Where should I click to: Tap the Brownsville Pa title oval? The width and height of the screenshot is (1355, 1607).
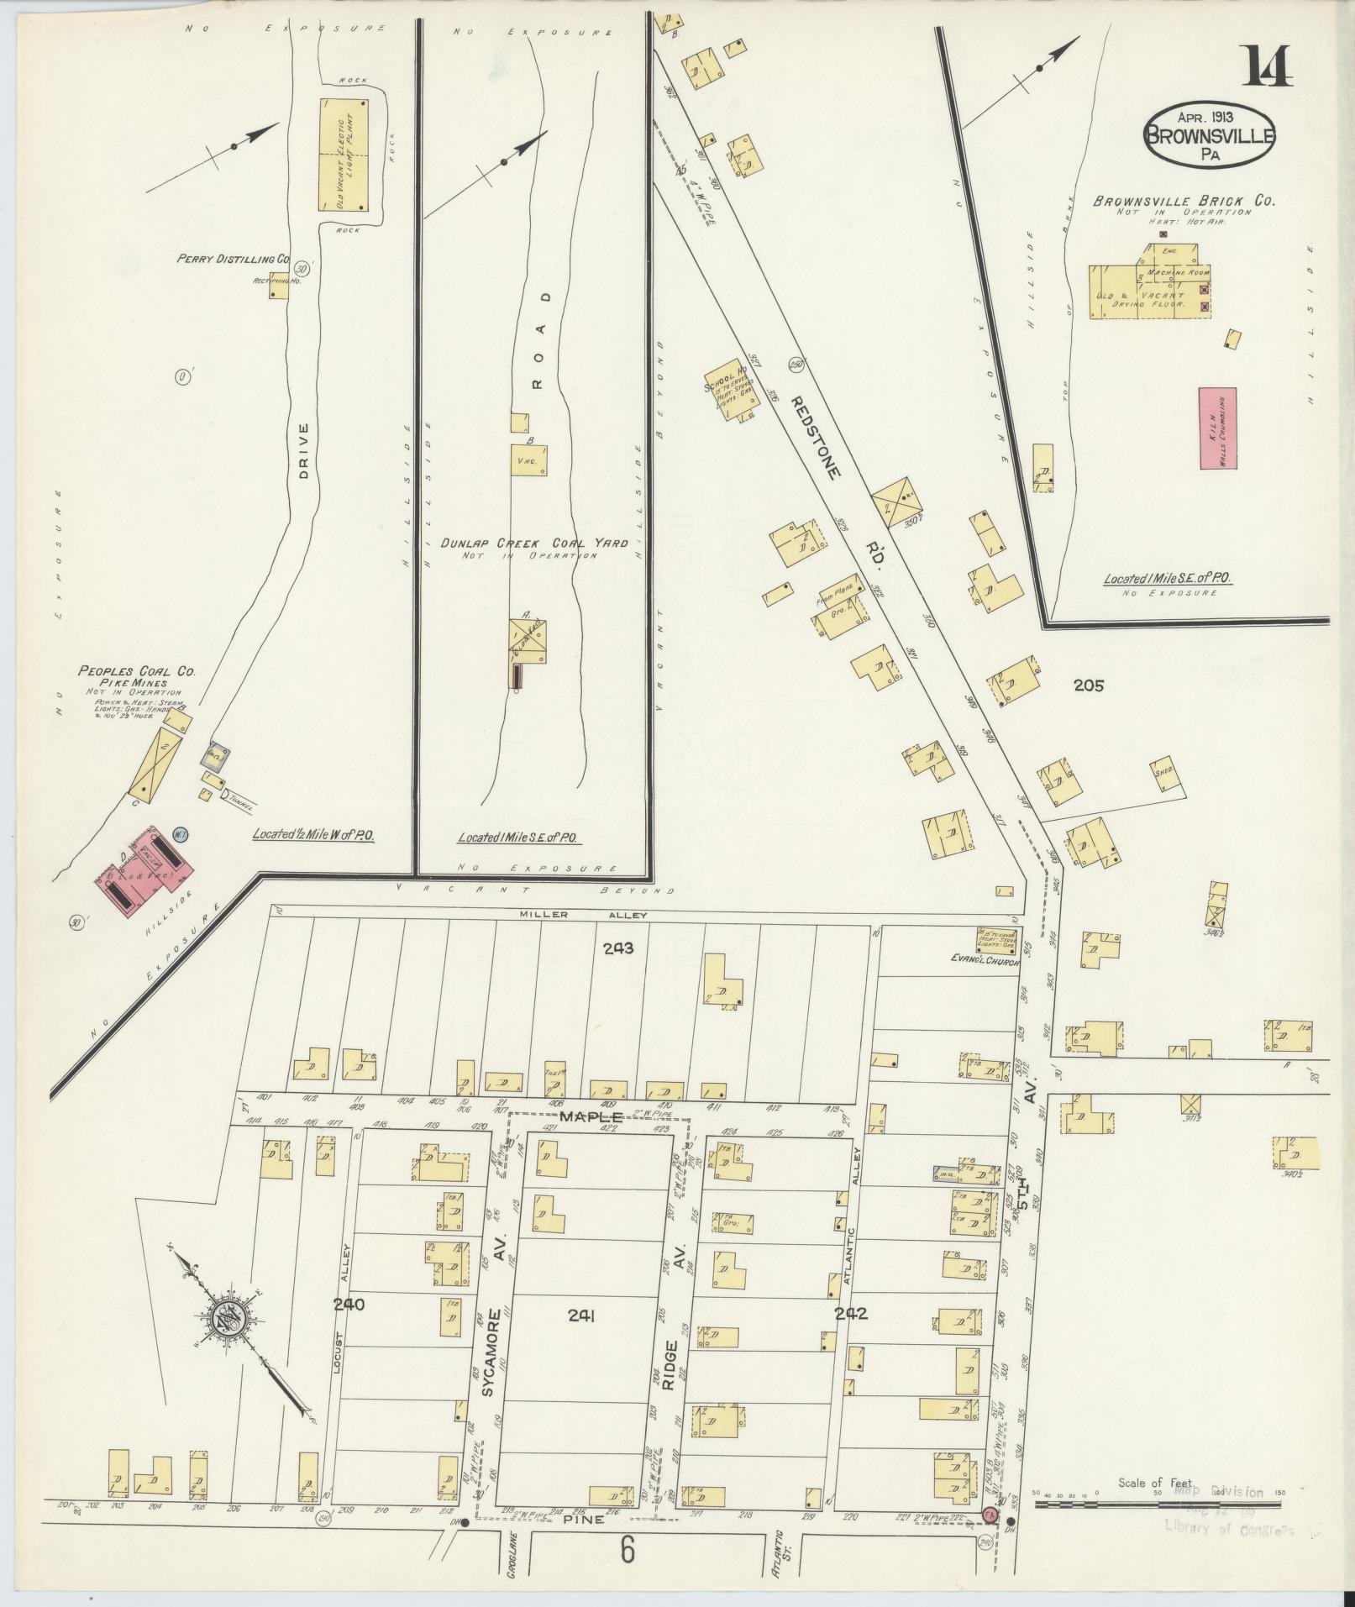pyautogui.click(x=1210, y=135)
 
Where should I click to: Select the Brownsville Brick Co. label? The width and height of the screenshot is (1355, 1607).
pyautogui.click(x=1184, y=202)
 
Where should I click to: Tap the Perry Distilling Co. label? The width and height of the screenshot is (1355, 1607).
pyautogui.click(x=233, y=260)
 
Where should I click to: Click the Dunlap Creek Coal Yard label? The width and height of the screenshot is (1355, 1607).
pyautogui.click(x=533, y=544)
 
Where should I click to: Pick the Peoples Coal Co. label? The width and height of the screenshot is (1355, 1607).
pyautogui.click(x=136, y=671)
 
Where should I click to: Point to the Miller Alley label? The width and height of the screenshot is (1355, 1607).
pyautogui.click(x=583, y=915)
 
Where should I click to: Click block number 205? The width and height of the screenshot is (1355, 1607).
pyautogui.click(x=1088, y=685)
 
